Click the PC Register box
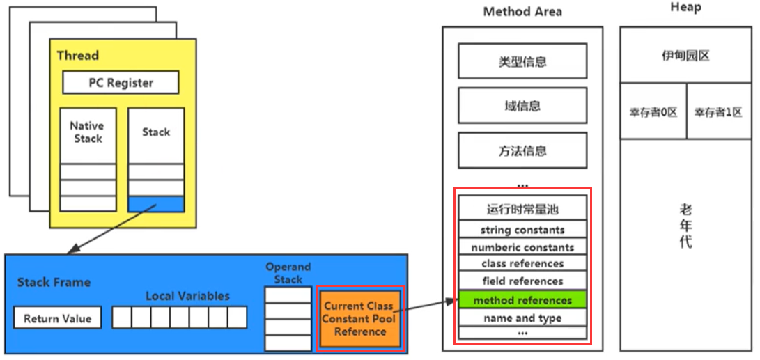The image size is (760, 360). [x=121, y=83]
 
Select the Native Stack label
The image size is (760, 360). [x=87, y=132]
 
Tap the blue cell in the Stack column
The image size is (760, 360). [x=156, y=203]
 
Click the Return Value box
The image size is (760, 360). [x=57, y=318]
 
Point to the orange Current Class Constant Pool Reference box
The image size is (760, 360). [x=359, y=318]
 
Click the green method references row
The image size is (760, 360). [x=522, y=300]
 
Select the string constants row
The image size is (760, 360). [x=522, y=229]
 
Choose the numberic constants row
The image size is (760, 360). [x=522, y=246]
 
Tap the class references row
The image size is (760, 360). [x=522, y=263]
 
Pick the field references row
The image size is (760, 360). [x=522, y=281]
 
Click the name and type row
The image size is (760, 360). [x=522, y=318]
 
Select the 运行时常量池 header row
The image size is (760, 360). [x=522, y=209]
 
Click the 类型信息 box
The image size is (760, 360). [x=522, y=62]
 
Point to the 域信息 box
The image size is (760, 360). [x=522, y=107]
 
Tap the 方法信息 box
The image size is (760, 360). [x=522, y=150]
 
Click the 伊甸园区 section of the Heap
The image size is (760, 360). [x=685, y=56]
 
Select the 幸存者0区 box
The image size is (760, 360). [x=653, y=111]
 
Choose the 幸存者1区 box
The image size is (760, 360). [x=718, y=111]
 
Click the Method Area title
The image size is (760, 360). [x=522, y=12]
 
